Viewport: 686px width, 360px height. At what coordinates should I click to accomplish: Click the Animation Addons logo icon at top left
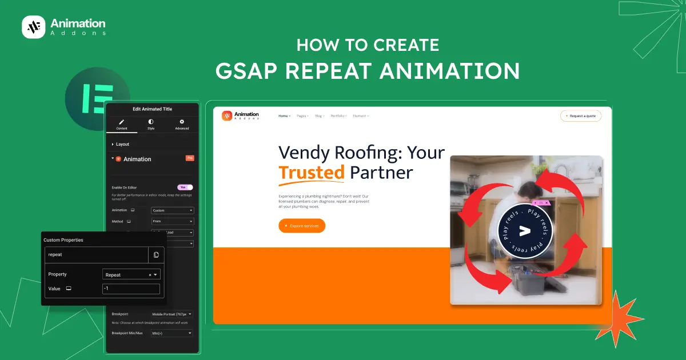33,27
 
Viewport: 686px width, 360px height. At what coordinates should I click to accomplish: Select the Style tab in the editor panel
151,125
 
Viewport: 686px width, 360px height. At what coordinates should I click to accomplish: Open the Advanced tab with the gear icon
182,125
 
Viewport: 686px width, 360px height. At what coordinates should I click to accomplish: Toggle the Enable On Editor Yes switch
185,187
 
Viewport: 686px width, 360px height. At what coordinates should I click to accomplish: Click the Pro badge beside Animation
190,158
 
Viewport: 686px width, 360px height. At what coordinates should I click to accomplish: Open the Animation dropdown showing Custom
172,210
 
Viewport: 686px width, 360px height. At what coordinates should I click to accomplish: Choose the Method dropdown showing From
172,221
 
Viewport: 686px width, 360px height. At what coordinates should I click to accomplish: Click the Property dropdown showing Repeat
131,274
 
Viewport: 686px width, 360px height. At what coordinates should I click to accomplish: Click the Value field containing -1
131,289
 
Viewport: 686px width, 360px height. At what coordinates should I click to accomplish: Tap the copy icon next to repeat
156,254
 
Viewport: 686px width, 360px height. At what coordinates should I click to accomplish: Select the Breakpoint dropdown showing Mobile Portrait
171,314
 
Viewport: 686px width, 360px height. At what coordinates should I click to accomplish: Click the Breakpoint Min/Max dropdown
171,333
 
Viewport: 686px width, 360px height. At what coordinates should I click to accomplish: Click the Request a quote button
581,116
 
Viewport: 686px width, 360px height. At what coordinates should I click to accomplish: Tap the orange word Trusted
312,172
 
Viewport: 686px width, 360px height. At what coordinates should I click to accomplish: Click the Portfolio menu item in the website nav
338,116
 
